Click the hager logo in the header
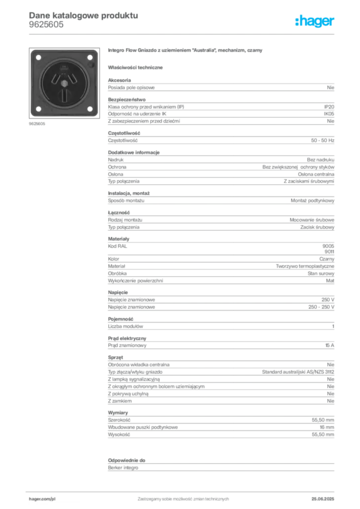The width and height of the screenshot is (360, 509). pyautogui.click(x=315, y=21)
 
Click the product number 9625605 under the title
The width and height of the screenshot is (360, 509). pyautogui.click(x=46, y=25)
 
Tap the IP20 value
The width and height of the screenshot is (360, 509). pyautogui.click(x=329, y=107)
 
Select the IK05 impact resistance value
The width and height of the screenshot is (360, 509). pyautogui.click(x=329, y=114)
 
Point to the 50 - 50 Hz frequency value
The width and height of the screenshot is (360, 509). pyautogui.click(x=322, y=141)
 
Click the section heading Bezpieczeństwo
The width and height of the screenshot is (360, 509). pyautogui.click(x=127, y=99)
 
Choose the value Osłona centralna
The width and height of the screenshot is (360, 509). pyautogui.click(x=316, y=174)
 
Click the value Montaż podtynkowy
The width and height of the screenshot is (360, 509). pyautogui.click(x=312, y=201)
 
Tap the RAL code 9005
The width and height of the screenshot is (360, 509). pyautogui.click(x=328, y=246)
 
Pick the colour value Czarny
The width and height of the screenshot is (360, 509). pyautogui.click(x=327, y=259)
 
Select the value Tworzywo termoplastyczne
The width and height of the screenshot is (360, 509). pyautogui.click(x=305, y=266)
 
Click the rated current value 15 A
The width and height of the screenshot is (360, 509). pyautogui.click(x=330, y=345)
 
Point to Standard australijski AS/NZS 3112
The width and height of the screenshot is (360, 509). pyautogui.click(x=298, y=372)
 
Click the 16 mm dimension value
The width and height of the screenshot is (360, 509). pyautogui.click(x=327, y=427)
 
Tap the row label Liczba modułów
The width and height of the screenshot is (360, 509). pyautogui.click(x=125, y=326)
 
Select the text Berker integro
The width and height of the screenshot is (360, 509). pyautogui.click(x=123, y=468)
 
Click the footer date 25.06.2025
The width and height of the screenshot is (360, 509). pyautogui.click(x=323, y=499)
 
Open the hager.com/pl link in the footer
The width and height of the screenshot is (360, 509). pyautogui.click(x=42, y=499)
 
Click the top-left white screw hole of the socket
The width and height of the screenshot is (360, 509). pyautogui.click(x=38, y=58)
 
